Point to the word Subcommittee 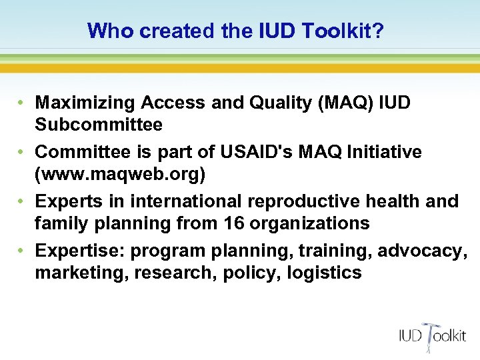[x=99, y=125]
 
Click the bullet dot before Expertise [x=22, y=251]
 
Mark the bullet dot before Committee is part [x=22, y=153]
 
